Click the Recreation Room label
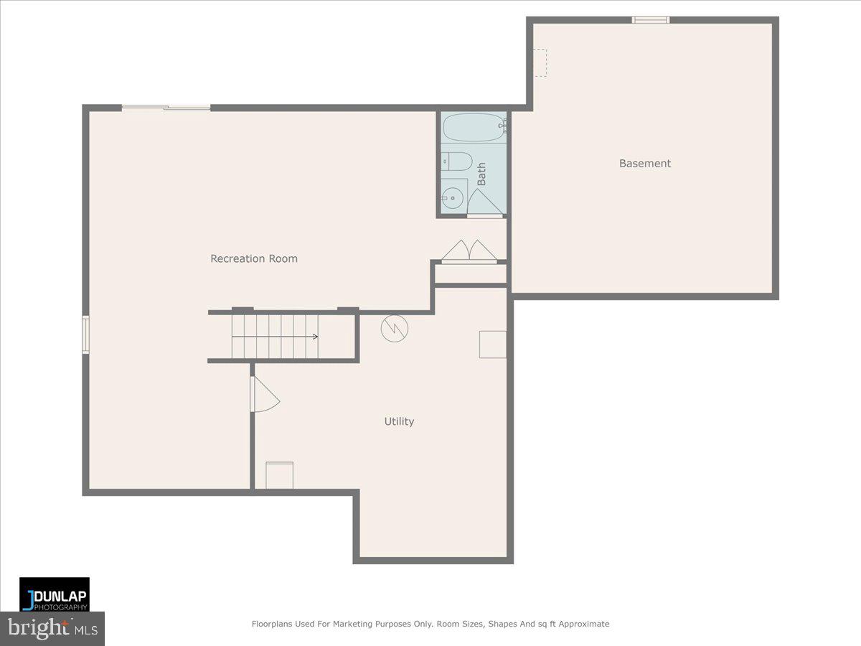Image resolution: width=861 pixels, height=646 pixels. (253, 258)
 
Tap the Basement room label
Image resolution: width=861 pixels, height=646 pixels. (645, 164)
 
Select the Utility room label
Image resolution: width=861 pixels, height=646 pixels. (399, 421)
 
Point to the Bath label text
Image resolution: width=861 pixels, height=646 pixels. (481, 174)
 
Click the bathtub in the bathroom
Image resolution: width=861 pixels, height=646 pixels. (474, 128)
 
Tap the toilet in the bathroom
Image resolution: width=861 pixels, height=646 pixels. (457, 161)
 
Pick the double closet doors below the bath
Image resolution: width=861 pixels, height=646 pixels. (469, 252)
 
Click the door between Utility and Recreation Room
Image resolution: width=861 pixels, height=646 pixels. (263, 395)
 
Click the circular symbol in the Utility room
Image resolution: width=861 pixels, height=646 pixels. (394, 328)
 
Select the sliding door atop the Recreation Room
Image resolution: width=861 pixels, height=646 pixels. (166, 108)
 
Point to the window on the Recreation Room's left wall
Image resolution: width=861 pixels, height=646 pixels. (85, 334)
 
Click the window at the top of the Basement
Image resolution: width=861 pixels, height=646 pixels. (651, 19)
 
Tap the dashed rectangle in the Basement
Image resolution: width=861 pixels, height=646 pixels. (539, 62)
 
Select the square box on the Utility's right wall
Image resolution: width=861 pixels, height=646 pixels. (493, 344)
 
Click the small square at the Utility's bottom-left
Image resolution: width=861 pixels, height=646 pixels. (279, 476)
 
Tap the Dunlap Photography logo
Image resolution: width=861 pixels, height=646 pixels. (55, 594)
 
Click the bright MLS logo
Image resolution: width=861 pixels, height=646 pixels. (52, 628)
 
